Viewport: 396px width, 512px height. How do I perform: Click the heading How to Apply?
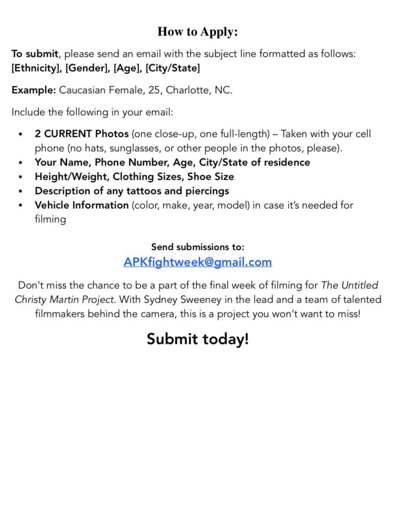197,32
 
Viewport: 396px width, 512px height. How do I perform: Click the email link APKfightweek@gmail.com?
197,262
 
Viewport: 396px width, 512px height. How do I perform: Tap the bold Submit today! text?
197,339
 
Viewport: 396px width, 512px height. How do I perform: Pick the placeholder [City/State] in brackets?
173,68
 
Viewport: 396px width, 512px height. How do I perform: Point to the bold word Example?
34,91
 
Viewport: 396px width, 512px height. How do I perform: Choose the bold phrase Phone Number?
120,162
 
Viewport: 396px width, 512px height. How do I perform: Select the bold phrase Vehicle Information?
82,206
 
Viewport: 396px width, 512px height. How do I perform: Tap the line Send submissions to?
197,247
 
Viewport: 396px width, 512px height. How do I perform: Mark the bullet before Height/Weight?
21,177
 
